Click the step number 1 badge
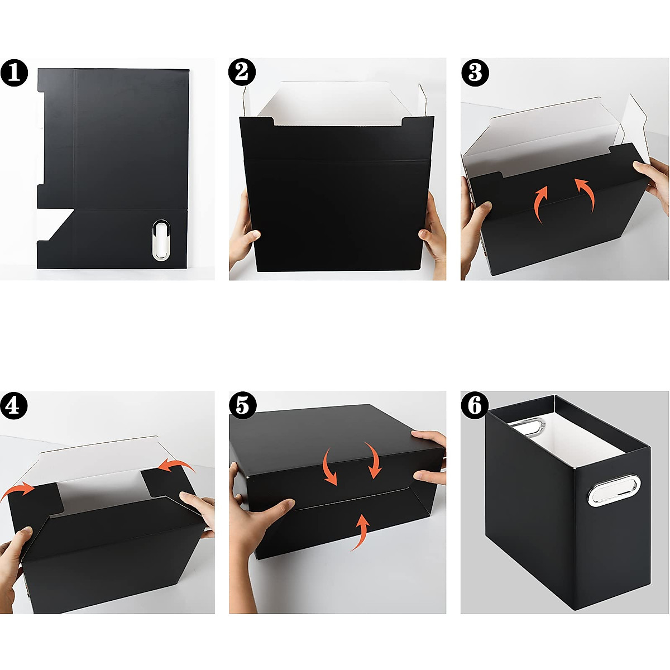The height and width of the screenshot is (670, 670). [x=14, y=73]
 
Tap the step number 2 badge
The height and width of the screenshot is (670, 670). [x=242, y=73]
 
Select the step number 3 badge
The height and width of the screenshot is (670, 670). [x=475, y=73]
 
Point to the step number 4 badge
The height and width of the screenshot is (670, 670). [x=13, y=405]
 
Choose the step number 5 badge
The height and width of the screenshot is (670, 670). [x=242, y=405]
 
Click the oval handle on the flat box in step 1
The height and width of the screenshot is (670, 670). [x=161, y=240]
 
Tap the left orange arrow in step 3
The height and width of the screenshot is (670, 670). [x=540, y=204]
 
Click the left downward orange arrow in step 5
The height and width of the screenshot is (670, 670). [x=329, y=468]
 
